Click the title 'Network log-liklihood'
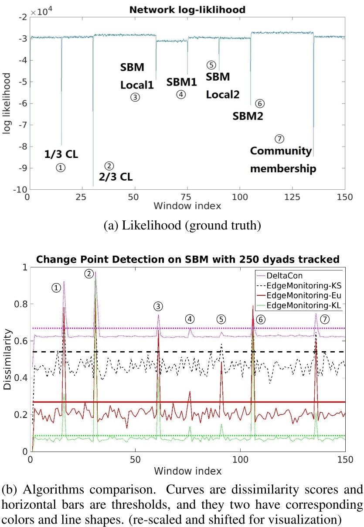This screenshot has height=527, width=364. click(185, 8)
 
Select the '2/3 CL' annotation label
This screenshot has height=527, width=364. click(116, 177)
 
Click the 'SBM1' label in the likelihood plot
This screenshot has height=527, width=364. click(181, 82)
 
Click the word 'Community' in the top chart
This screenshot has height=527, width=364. click(281, 151)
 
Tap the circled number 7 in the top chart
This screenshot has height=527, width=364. click(279, 139)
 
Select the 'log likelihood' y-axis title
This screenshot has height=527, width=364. click(7, 103)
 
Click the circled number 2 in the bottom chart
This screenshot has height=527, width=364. click(89, 274)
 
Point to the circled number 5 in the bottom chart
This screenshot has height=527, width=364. click(222, 319)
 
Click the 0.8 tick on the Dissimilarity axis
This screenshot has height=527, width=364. click(21, 304)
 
